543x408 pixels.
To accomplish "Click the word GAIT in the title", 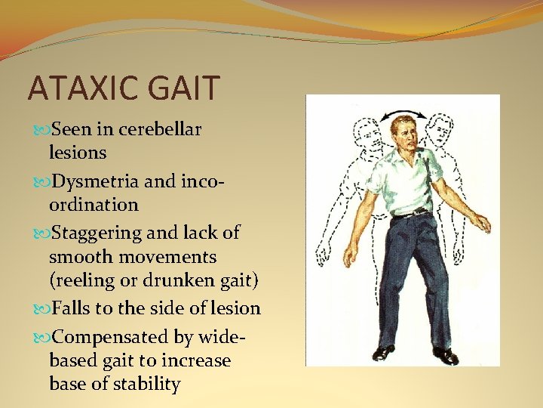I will tap(188, 88).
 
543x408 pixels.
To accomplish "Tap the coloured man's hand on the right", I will tap(481, 224).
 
